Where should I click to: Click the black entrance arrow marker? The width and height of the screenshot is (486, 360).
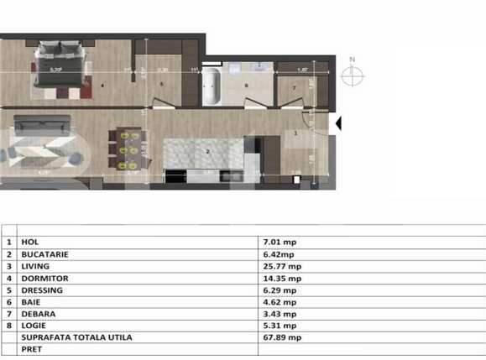(x=339, y=123)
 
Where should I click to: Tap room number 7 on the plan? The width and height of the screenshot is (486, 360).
(x=295, y=87)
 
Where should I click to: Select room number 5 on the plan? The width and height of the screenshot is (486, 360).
(x=161, y=85)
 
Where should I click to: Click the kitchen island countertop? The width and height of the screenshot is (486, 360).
(x=201, y=151)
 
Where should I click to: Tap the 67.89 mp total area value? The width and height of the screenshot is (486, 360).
(x=280, y=337)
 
